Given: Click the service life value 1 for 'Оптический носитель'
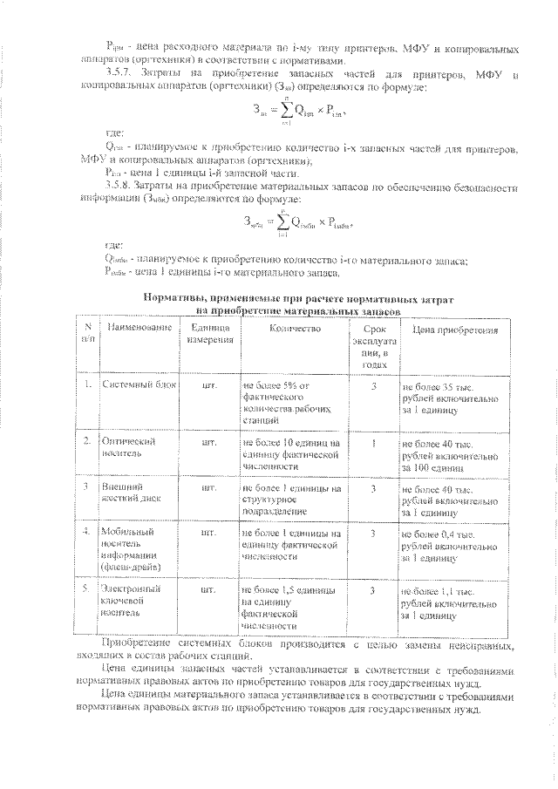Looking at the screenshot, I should (x=373, y=442).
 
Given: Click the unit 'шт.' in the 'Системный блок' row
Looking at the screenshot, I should (x=208, y=384).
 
